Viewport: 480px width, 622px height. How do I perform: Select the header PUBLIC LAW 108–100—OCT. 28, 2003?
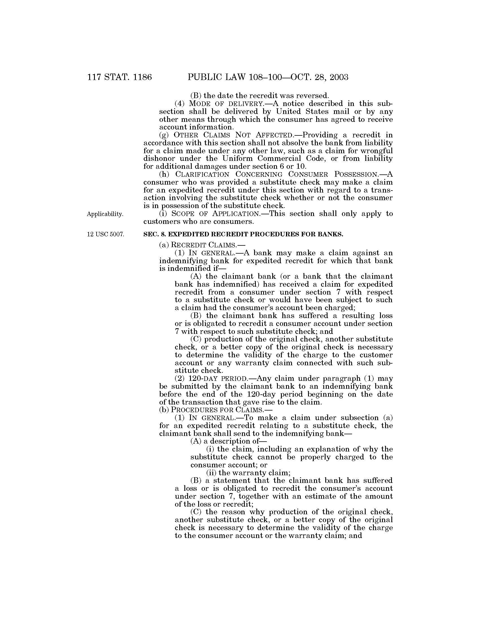point(268,77)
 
